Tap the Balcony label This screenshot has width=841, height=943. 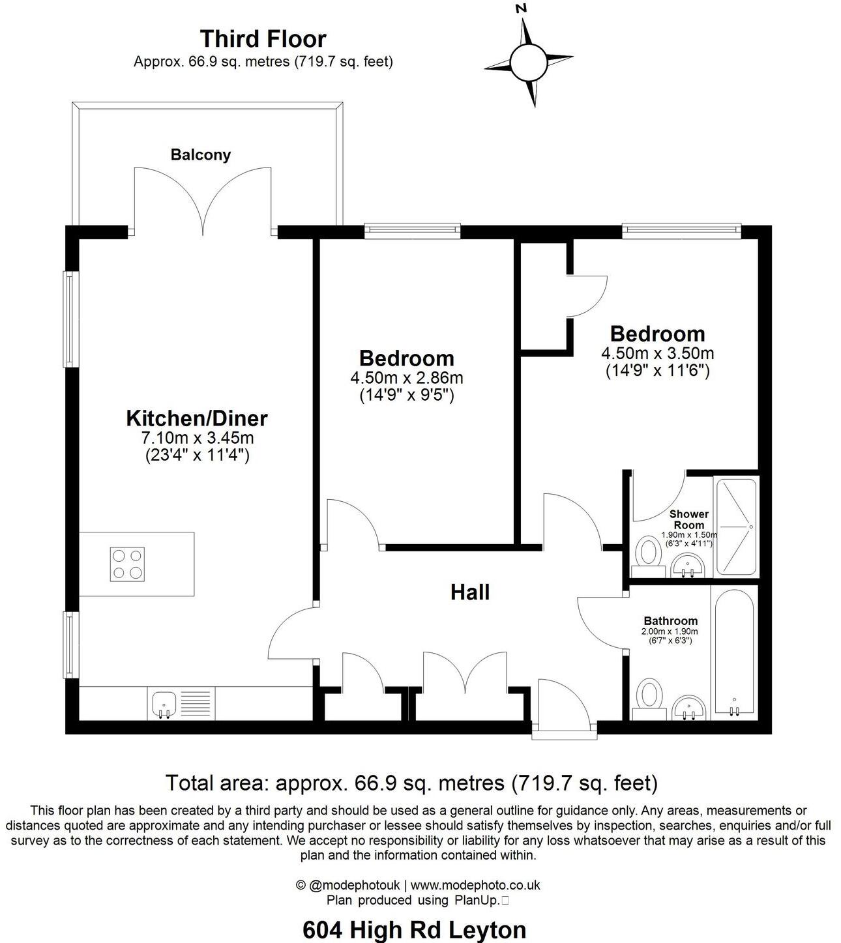(x=201, y=155)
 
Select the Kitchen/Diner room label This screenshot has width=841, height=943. (x=197, y=418)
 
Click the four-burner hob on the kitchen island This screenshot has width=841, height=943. (x=126, y=564)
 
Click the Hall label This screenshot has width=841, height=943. (x=470, y=592)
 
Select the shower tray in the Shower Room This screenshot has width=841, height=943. (x=737, y=527)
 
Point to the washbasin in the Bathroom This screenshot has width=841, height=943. (x=688, y=707)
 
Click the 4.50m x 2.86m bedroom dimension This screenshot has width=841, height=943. (x=407, y=377)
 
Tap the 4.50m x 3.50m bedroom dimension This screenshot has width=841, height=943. (x=657, y=353)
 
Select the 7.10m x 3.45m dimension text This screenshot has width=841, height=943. (x=197, y=437)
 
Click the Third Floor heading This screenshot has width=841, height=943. (x=263, y=38)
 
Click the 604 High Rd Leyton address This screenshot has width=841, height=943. (x=415, y=929)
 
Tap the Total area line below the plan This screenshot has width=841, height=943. (x=411, y=782)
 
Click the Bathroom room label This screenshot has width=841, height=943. (x=670, y=621)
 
